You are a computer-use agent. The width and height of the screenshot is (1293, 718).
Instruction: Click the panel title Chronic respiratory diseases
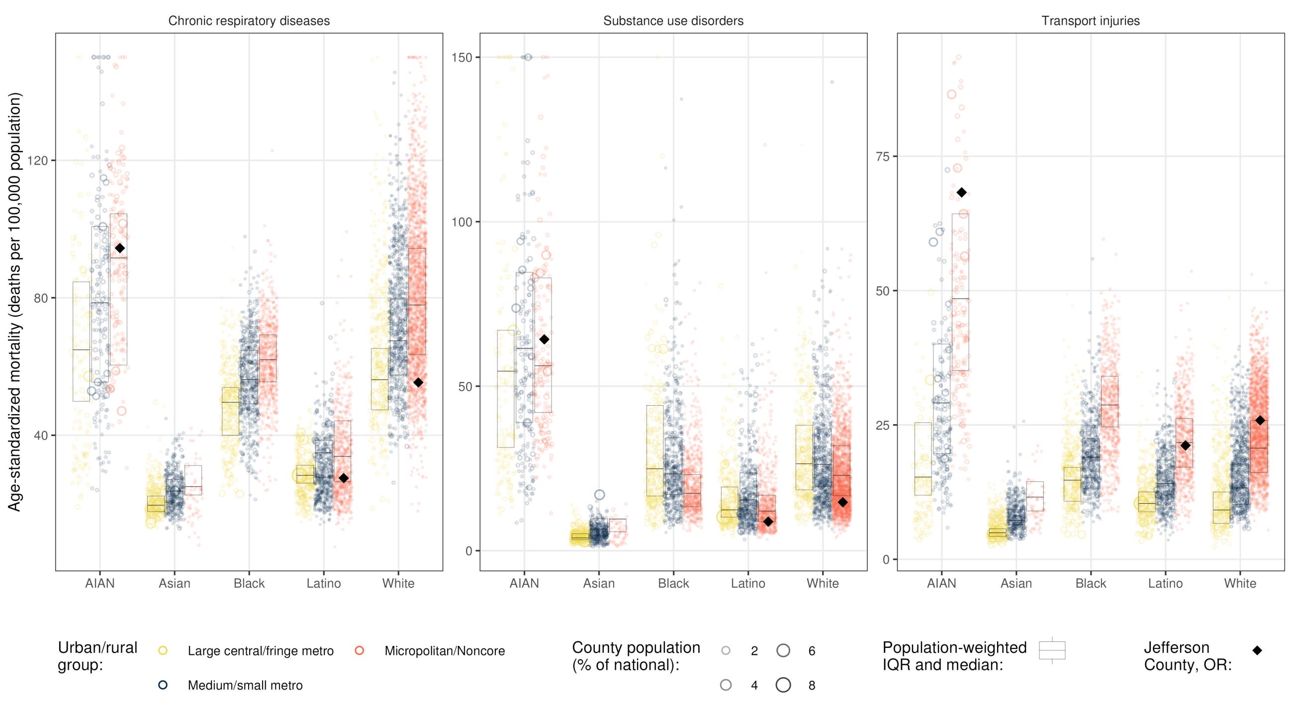(249, 21)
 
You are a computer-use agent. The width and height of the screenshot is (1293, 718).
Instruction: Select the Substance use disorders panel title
(673, 21)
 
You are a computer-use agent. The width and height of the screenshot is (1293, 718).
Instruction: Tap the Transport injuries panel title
(1090, 21)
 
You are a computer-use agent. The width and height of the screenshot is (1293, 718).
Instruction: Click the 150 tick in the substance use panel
(462, 58)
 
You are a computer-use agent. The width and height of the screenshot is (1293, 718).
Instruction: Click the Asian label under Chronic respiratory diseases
(174, 584)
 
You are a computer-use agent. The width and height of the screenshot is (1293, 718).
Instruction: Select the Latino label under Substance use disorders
(748, 584)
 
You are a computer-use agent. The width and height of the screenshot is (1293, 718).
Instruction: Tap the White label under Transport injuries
(1240, 584)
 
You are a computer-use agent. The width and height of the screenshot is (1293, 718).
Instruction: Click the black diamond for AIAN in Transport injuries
(961, 192)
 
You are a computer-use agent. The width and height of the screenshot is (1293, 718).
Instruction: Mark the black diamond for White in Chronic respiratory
(418, 383)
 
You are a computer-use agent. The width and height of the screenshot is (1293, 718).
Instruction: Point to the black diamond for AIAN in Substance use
(544, 340)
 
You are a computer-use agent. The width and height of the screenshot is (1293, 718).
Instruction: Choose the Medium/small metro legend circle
(163, 685)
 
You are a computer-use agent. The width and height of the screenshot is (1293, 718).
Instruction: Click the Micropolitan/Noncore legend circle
(359, 651)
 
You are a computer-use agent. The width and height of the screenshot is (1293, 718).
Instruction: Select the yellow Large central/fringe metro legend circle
(163, 651)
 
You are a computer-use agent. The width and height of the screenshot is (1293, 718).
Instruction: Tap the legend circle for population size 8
(783, 685)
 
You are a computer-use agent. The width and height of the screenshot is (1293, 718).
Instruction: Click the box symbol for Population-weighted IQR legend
(1052, 650)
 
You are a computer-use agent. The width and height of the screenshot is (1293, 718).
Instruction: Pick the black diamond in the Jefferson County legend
(1257, 651)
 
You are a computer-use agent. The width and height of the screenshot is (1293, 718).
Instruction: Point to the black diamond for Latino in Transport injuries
(1185, 446)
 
